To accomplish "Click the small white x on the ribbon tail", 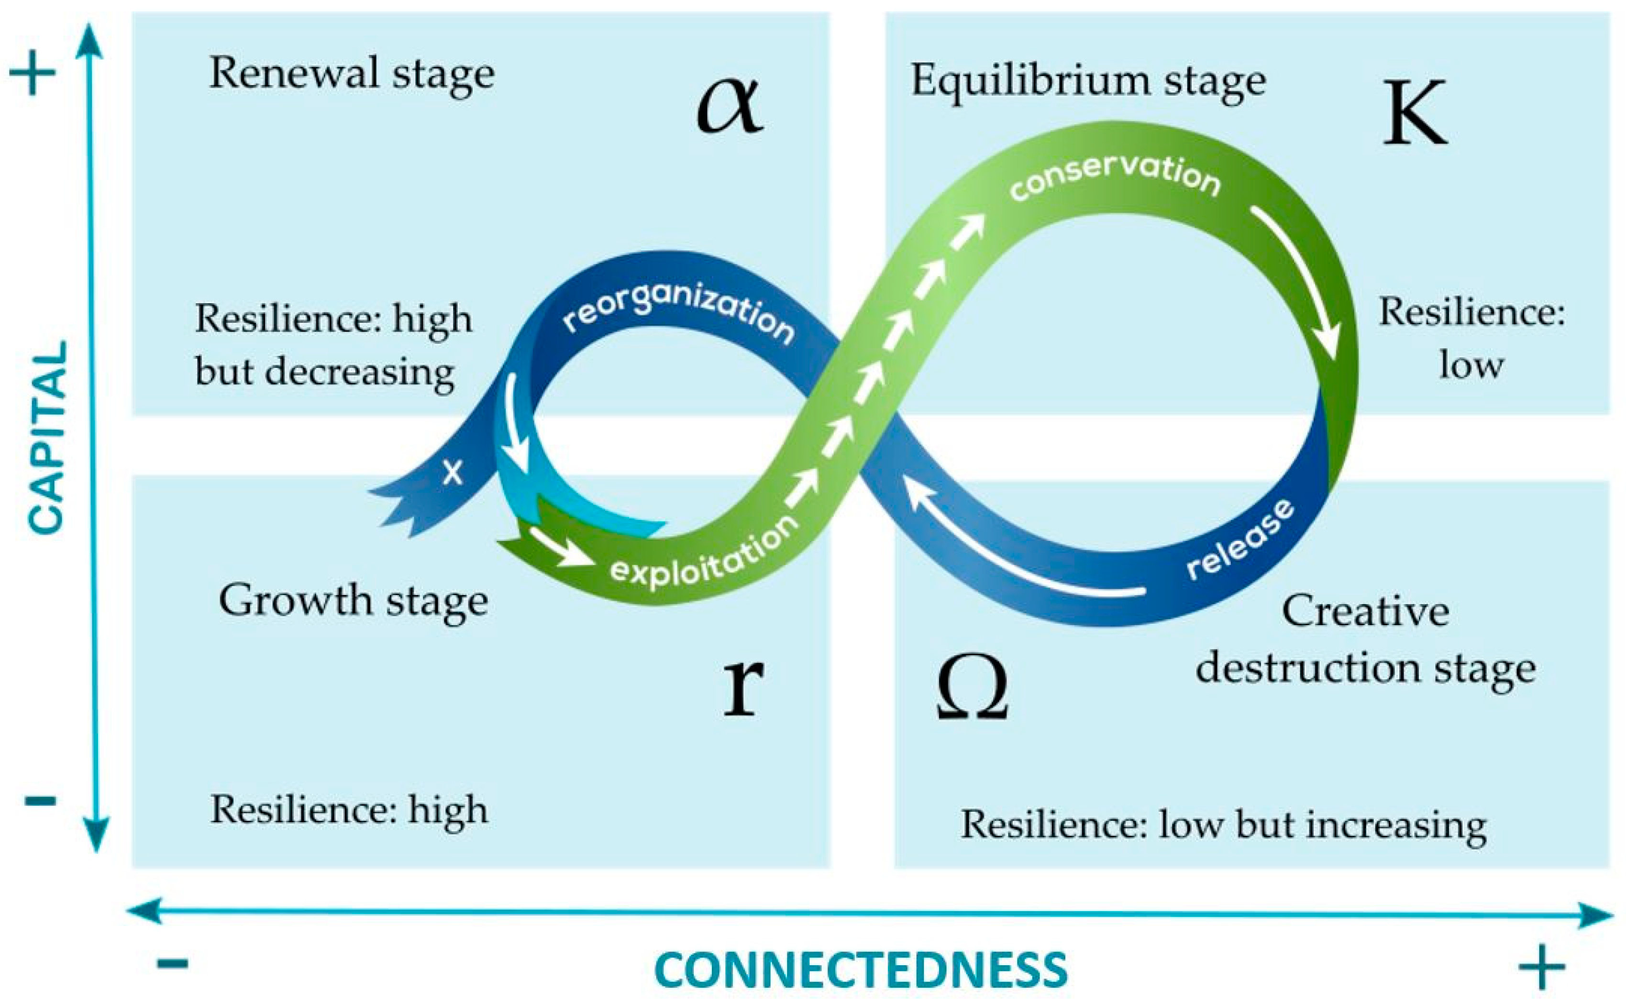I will [x=453, y=472].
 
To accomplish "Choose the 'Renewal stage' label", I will [x=352, y=73].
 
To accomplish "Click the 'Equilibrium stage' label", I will [x=1088, y=81].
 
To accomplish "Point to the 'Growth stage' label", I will [x=353, y=600].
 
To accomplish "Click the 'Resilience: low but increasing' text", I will [x=1223, y=825].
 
